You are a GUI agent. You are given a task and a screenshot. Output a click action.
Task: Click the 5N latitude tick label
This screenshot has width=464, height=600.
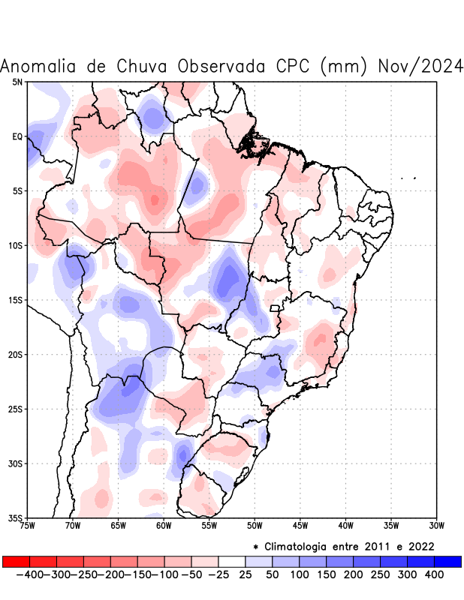(x=17, y=82)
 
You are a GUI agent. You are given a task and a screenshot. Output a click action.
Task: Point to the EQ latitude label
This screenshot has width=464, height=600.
(x=17, y=136)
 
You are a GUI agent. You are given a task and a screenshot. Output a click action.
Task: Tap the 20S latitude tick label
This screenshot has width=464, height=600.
(x=16, y=355)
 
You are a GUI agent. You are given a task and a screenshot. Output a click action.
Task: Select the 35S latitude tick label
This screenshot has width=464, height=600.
(x=16, y=518)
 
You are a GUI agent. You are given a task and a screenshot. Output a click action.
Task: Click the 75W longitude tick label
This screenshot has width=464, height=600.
(x=28, y=526)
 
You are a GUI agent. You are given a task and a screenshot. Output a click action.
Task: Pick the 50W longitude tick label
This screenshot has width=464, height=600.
(x=255, y=526)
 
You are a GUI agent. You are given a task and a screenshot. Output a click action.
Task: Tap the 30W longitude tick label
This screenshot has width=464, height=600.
(x=436, y=526)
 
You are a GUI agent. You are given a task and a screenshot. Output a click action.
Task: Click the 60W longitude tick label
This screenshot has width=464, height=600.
(x=164, y=526)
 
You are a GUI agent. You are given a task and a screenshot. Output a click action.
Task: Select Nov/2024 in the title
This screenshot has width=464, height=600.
(x=420, y=67)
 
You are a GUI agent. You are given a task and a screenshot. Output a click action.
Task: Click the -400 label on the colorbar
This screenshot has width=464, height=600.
(x=29, y=574)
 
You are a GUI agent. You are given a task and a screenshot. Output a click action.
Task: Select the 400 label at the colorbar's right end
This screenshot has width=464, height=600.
(x=433, y=574)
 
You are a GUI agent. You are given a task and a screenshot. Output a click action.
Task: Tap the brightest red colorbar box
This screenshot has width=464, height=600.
(x=16, y=562)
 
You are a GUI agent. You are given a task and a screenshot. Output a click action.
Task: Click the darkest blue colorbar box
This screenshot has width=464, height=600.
(x=447, y=562)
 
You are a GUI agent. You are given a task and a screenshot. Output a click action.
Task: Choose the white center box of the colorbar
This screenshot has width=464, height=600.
(x=231, y=562)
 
